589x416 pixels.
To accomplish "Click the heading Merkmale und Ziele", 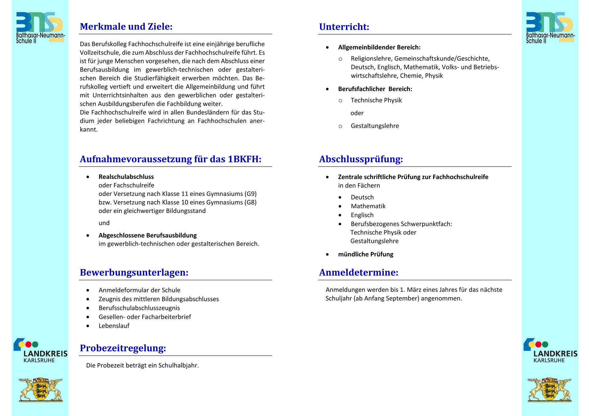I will [x=126, y=27].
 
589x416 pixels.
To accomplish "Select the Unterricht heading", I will [x=344, y=27].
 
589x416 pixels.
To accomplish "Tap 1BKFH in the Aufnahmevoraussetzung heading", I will [x=244, y=159].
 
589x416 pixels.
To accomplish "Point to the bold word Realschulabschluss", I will [x=126, y=177].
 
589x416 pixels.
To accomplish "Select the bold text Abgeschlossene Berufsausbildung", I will [x=148, y=235].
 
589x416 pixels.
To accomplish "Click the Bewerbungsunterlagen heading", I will [x=134, y=273].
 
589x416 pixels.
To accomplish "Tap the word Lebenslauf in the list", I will [x=114, y=326].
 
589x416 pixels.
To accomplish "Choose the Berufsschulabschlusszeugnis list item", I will [x=139, y=308].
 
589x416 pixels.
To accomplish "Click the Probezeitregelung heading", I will [x=123, y=348].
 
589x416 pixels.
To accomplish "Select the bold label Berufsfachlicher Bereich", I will [x=375, y=89].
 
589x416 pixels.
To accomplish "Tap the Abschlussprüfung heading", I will [x=361, y=159].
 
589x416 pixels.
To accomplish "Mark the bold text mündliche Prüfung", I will [x=365, y=254].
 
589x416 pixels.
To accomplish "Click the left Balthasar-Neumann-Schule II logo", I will [x=40, y=28].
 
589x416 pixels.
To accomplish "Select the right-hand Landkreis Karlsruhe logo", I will [x=550, y=351].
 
